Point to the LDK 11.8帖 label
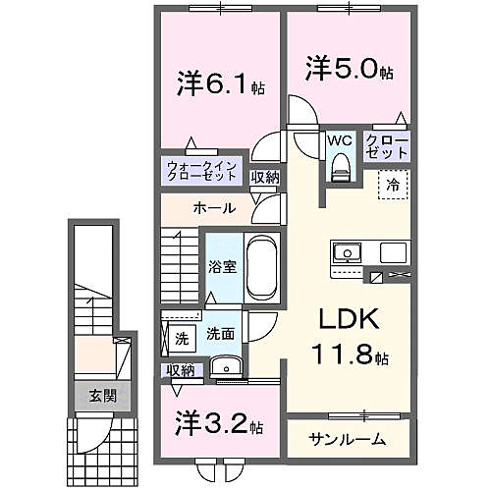tap(346, 336)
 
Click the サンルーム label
tap(346, 438)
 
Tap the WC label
tap(339, 140)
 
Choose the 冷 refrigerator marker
tap(393, 183)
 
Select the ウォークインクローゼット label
tap(200, 170)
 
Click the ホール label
tap(213, 208)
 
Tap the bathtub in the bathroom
tap(260, 268)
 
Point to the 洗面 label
tap(220, 334)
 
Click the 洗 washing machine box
tap(182, 339)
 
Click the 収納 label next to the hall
tap(264, 178)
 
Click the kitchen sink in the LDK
tap(348, 252)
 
